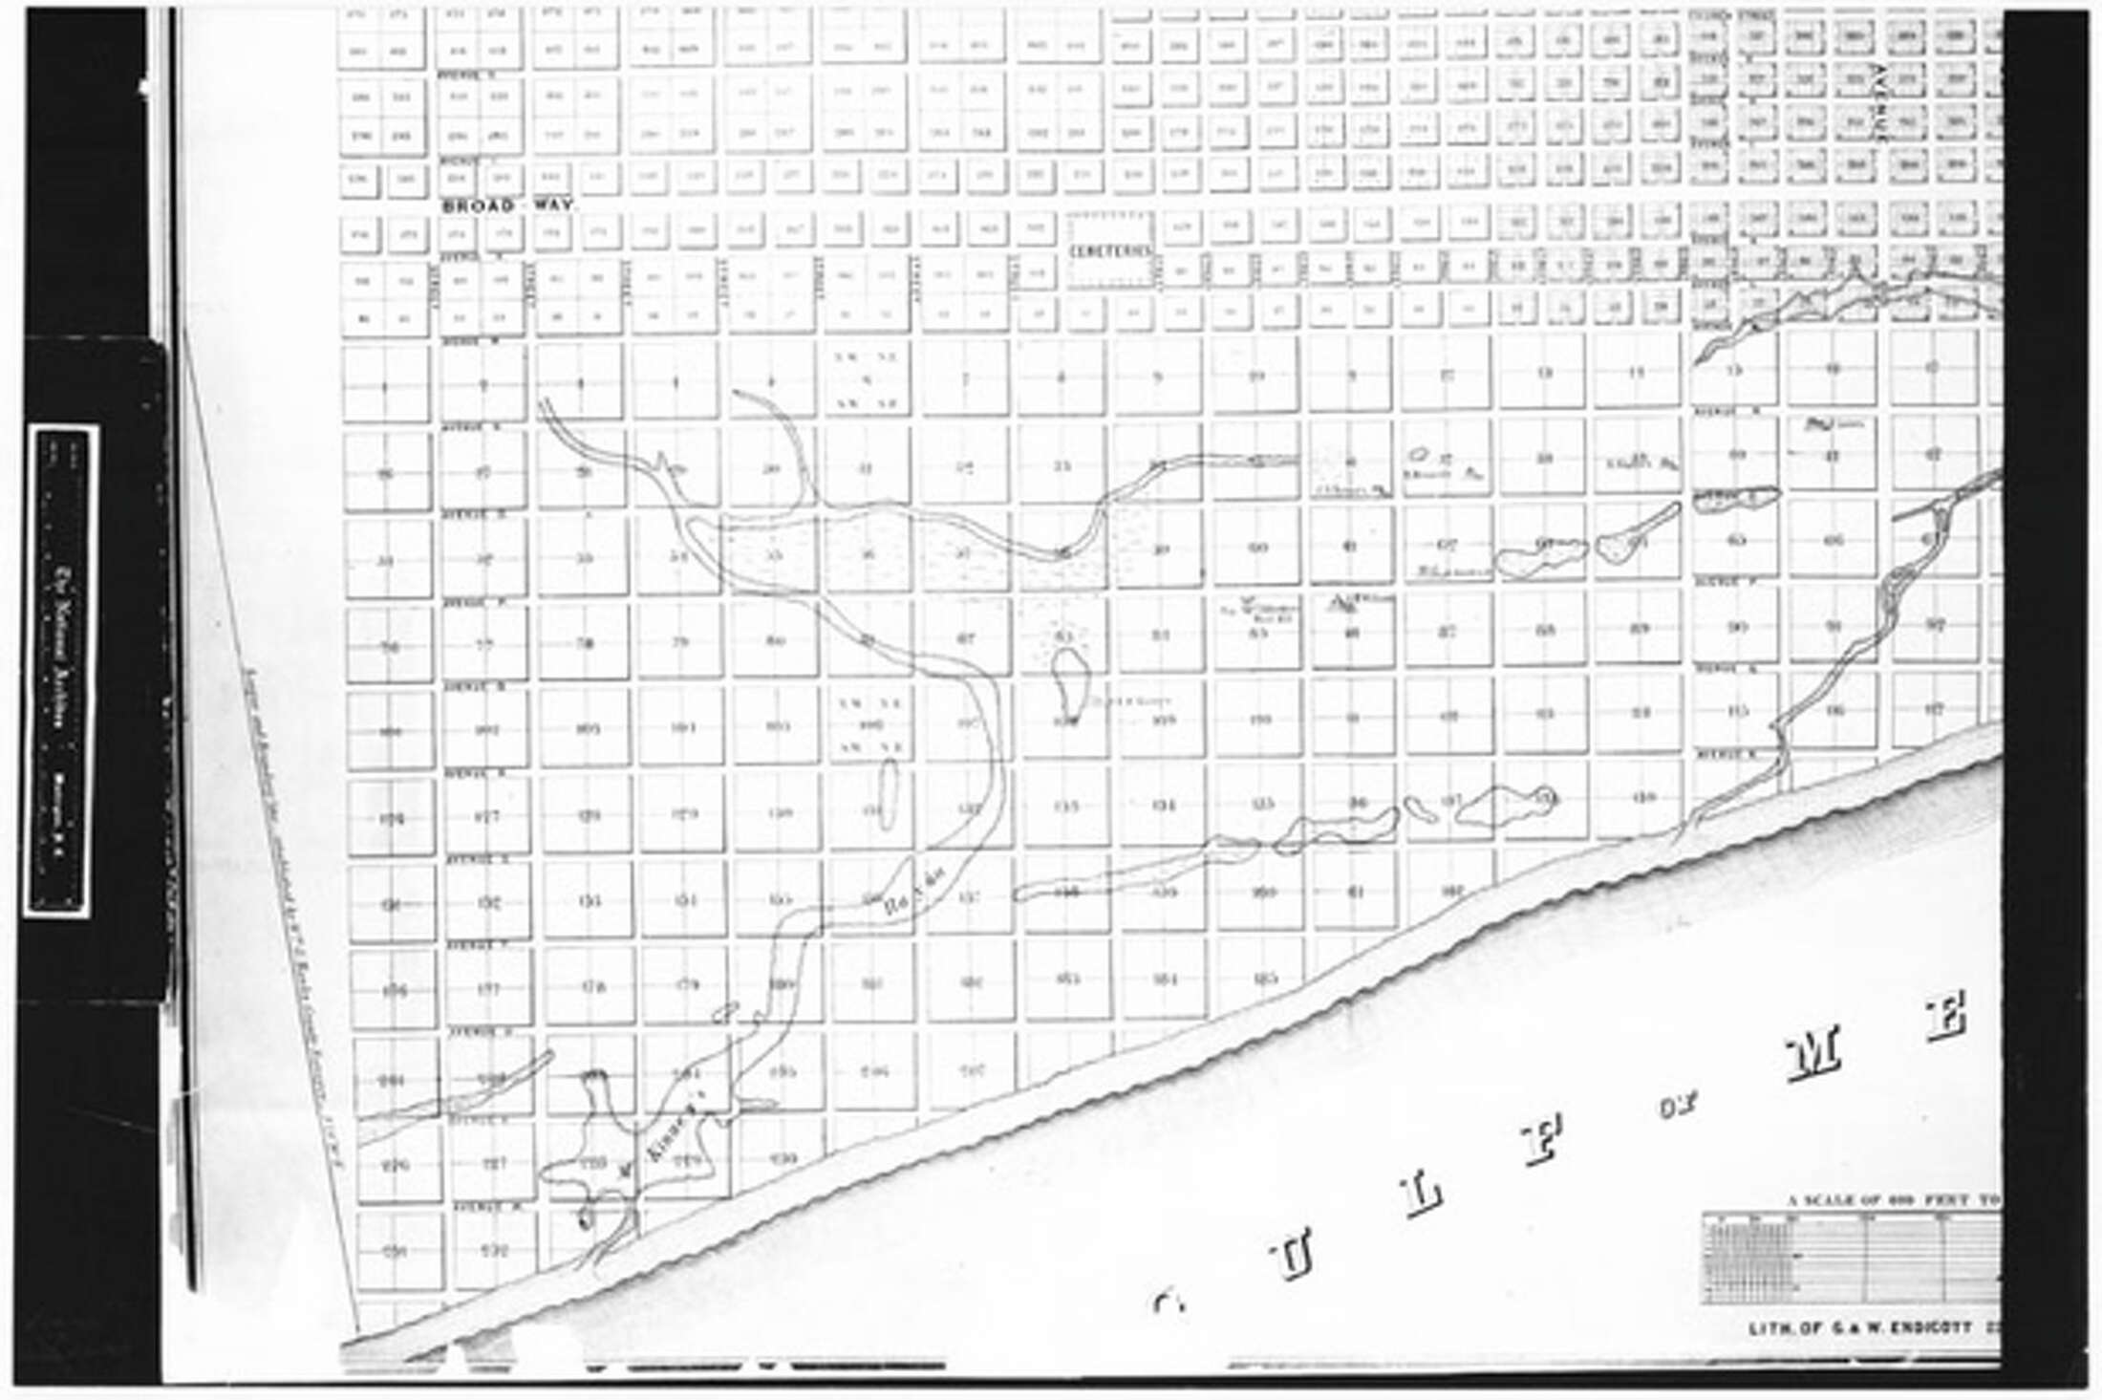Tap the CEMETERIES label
tap(1108, 250)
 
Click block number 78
tap(584, 642)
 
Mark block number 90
tap(1736, 628)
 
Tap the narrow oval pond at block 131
tap(889, 794)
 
